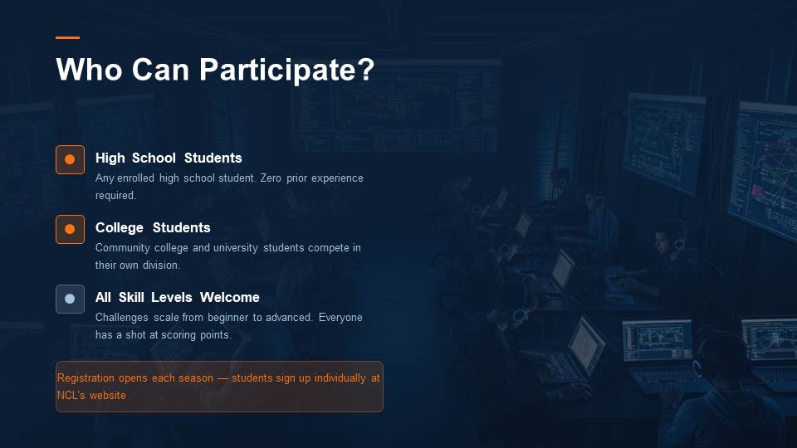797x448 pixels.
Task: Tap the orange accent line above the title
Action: tap(67, 37)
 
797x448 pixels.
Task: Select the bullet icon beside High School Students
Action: tap(70, 159)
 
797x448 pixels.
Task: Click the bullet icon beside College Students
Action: tap(70, 229)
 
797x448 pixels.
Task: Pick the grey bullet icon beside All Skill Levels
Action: tap(70, 299)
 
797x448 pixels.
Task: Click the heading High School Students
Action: tap(169, 158)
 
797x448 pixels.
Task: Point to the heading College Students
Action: tap(153, 227)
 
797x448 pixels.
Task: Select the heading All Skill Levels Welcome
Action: tap(178, 297)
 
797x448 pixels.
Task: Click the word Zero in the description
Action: tap(271, 178)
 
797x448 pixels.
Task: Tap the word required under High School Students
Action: tap(115, 196)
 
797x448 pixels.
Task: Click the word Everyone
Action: tap(340, 318)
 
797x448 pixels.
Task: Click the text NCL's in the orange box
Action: tap(71, 395)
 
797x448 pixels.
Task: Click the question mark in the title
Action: tap(366, 69)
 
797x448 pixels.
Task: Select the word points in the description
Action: tap(215, 335)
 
